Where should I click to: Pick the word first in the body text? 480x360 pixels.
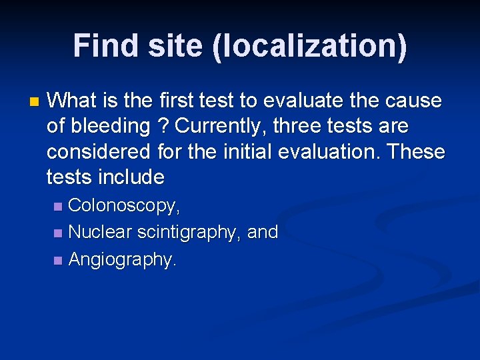(x=178, y=101)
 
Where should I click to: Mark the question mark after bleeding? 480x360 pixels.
(x=163, y=126)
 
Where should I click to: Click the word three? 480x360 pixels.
(x=299, y=126)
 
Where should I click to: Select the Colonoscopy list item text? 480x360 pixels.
(x=124, y=207)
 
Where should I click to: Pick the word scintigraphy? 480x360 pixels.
(x=189, y=233)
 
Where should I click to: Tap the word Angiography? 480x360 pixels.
(x=123, y=259)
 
